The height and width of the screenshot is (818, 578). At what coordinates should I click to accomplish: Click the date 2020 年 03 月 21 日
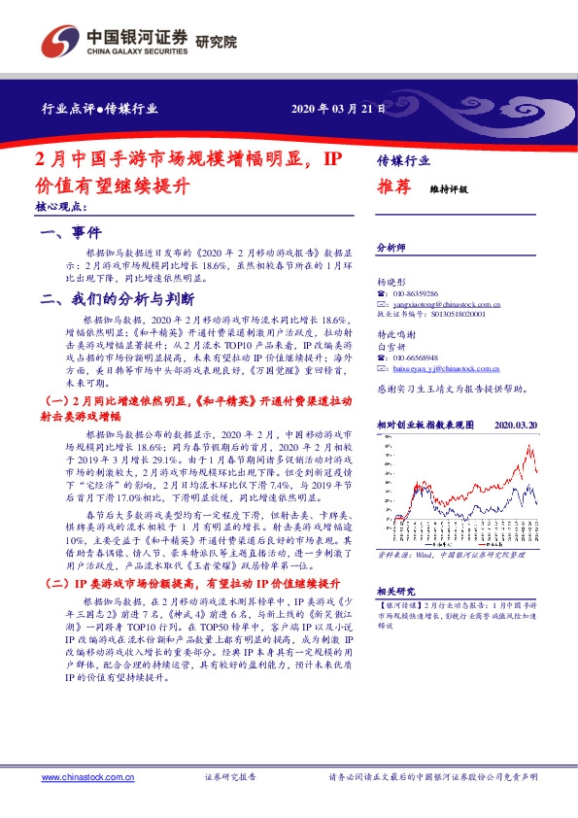[338, 109]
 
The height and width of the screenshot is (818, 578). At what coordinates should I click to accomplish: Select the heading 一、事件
[71, 233]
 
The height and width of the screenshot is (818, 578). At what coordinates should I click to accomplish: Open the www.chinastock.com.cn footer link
[81, 778]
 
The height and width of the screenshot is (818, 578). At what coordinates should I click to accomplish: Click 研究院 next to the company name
[216, 41]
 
